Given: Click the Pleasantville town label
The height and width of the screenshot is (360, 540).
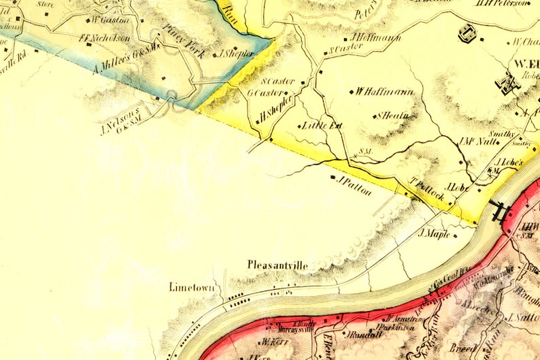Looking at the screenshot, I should (278, 265).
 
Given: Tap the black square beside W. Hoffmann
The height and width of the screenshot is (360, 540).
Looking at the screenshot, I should (351, 92).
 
